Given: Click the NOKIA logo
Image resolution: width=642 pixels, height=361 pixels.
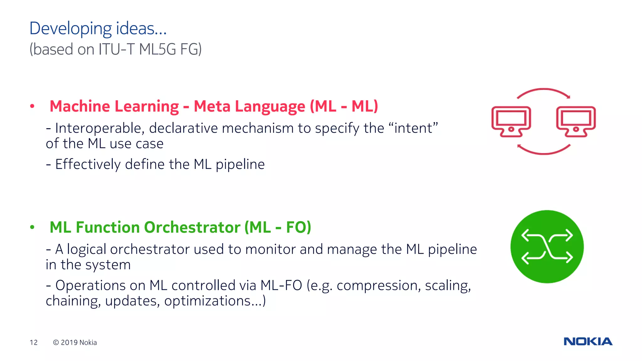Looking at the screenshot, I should coord(588,341).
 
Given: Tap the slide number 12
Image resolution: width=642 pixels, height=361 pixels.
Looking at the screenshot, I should coord(34,343).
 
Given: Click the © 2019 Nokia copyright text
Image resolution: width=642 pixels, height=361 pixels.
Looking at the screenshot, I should coord(75,343).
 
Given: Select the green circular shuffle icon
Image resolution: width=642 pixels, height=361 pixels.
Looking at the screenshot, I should coord(547,247).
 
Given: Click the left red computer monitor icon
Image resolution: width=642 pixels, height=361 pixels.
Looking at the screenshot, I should coord(511,122).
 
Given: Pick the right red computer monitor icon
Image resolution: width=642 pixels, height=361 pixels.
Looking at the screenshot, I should coord(576,122).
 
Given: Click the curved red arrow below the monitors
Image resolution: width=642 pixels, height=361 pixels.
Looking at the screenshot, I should coord(544,150).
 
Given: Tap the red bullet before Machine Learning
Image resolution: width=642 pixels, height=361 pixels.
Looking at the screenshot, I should coord(32,106).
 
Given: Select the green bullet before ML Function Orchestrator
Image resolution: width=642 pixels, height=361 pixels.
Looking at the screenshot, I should coord(32,227).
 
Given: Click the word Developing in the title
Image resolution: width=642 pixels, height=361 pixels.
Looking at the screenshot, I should coord(71,29).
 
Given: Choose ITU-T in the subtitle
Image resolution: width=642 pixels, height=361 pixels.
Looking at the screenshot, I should coord(116,49).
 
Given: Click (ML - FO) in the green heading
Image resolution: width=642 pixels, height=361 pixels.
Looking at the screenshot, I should coord(278,227).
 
